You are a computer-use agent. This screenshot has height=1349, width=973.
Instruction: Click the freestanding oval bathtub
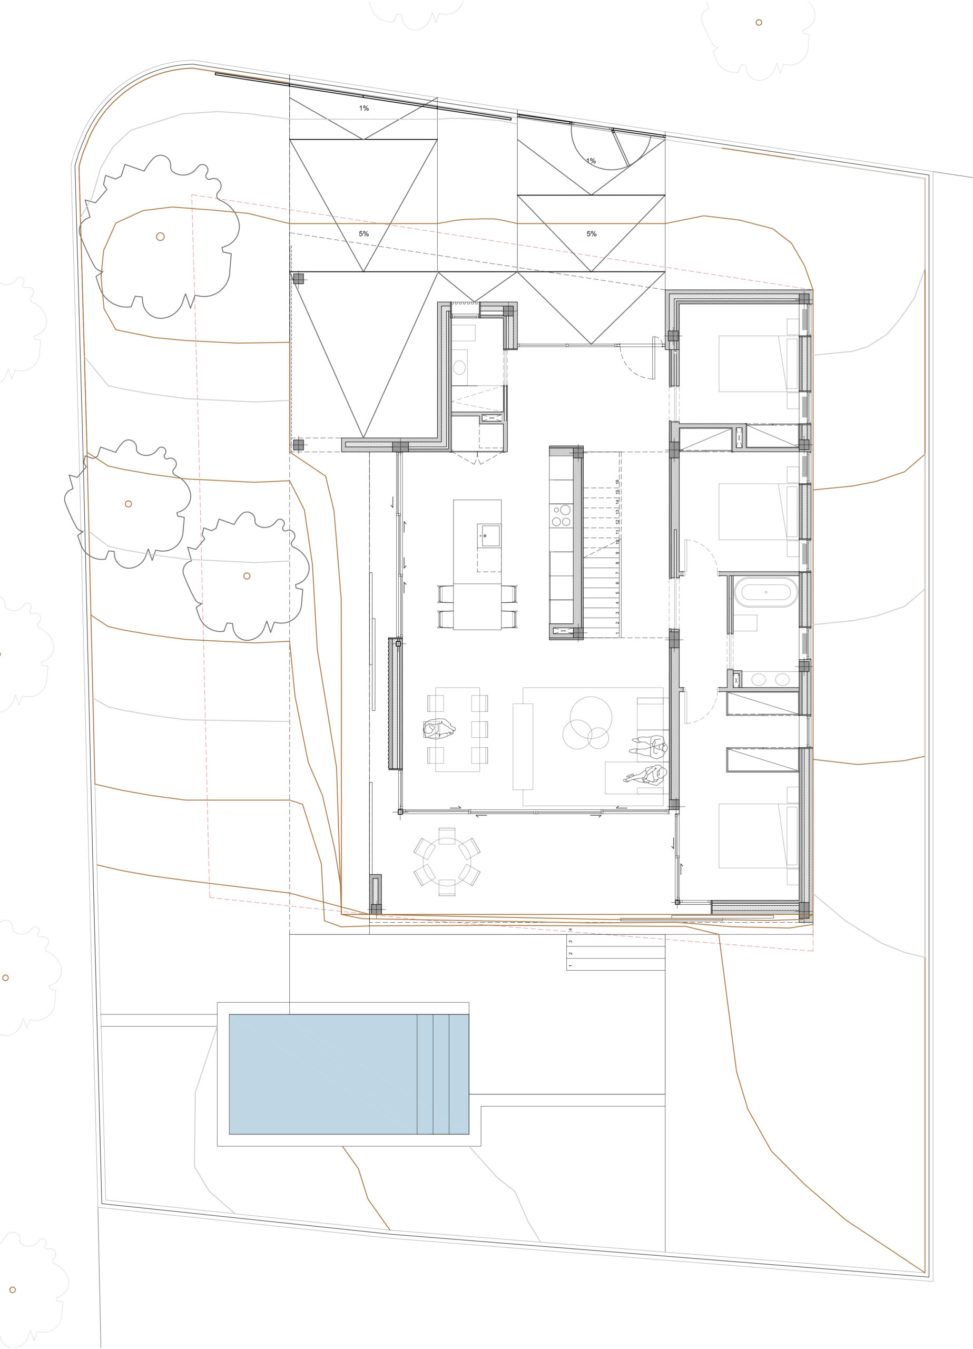point(766,592)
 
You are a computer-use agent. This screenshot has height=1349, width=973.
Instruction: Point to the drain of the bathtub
point(766,592)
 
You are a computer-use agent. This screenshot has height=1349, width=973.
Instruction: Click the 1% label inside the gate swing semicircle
point(591,161)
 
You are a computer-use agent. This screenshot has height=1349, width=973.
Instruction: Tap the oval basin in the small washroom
point(459,367)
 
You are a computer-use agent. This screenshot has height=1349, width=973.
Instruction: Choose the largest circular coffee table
point(591,717)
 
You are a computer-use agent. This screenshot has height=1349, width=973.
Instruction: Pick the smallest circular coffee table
point(598,739)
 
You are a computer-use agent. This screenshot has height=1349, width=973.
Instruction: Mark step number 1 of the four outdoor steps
point(615,966)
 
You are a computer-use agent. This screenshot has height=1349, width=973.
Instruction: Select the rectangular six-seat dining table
point(457,729)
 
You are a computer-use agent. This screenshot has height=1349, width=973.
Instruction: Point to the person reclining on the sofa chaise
point(645,775)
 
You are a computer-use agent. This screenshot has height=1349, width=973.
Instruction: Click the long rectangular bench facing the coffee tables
point(523,747)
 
